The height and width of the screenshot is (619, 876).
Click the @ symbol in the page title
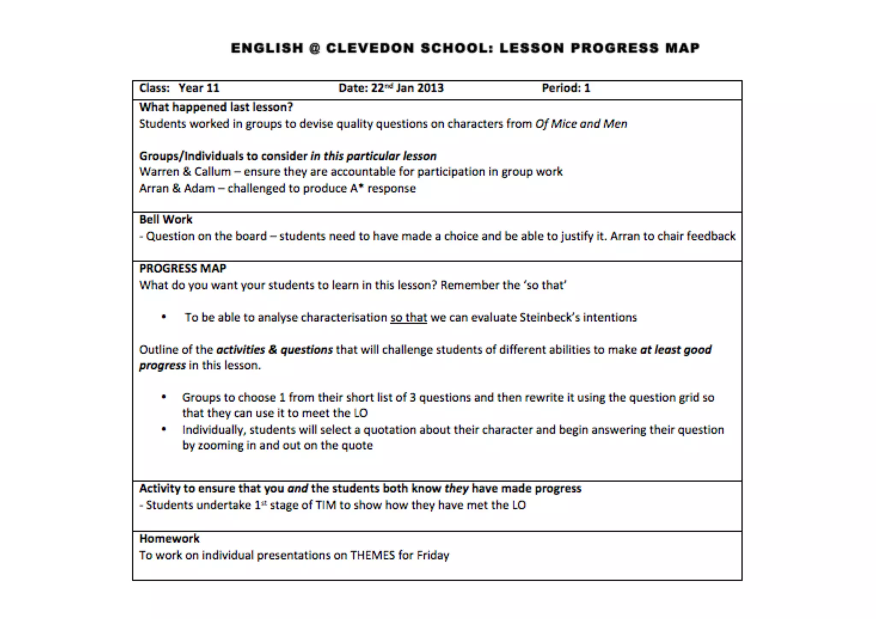(x=314, y=48)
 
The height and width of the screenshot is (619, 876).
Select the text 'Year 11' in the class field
(x=199, y=88)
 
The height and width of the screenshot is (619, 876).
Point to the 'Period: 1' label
(x=565, y=88)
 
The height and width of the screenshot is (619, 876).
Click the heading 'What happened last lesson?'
(x=216, y=107)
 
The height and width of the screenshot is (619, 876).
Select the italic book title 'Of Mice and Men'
(x=581, y=124)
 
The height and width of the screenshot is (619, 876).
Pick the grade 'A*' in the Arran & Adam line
(x=356, y=188)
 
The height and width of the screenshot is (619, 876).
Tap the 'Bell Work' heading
(x=166, y=219)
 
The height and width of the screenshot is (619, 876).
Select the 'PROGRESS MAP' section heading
(x=183, y=269)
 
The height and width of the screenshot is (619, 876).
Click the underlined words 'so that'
(x=408, y=317)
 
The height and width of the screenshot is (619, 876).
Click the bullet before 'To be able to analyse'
(x=164, y=317)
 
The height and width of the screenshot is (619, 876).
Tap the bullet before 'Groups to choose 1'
(x=164, y=397)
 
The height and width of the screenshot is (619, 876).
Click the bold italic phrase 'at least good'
(x=675, y=350)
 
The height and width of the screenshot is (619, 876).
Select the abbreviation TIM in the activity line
(x=326, y=505)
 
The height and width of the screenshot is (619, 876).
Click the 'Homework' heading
(x=169, y=539)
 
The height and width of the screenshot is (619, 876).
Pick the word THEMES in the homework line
(x=372, y=555)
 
